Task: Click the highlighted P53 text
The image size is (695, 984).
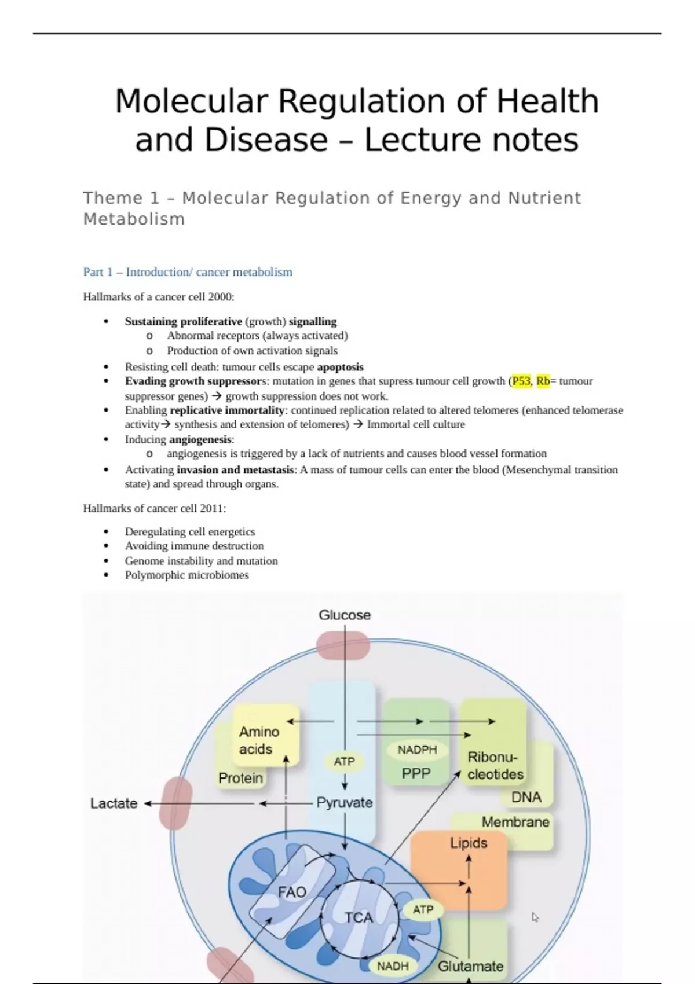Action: tap(521, 381)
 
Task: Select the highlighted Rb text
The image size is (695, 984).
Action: tap(543, 381)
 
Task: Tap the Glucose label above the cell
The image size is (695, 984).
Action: tap(345, 615)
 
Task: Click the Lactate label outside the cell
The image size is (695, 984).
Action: tap(114, 803)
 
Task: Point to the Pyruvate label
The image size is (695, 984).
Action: tap(345, 803)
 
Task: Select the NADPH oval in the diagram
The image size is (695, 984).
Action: tap(417, 750)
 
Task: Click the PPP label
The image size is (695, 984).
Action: tap(416, 774)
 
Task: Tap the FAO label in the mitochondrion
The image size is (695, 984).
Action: tap(292, 893)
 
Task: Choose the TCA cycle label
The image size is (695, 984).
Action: tap(359, 917)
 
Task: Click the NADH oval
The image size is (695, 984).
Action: tap(393, 966)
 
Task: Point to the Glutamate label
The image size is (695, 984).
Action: tap(470, 966)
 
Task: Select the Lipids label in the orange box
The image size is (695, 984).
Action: tap(469, 843)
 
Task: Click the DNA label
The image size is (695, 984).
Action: tap(526, 798)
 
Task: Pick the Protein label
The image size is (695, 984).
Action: tap(240, 779)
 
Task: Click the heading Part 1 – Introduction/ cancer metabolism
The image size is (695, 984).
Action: tap(188, 272)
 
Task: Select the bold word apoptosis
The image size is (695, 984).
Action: tap(340, 367)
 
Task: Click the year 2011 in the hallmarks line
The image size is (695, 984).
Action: tap(211, 508)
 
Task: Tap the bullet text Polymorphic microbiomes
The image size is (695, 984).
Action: tap(186, 575)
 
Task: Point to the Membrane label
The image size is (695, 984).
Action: tap(515, 822)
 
